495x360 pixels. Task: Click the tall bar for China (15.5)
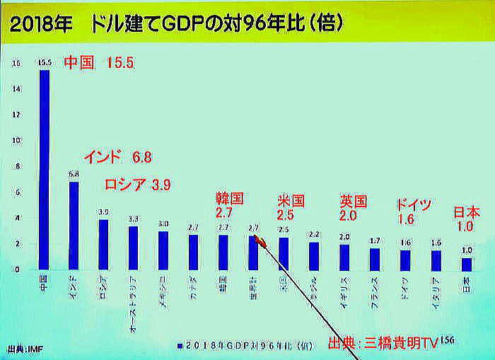tap(45, 170)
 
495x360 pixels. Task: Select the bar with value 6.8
tap(74, 225)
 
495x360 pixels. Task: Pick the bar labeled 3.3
tap(133, 248)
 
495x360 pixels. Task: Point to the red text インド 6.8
tap(117, 156)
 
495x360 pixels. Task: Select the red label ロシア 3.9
tap(138, 185)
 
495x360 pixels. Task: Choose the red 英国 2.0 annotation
tap(353, 207)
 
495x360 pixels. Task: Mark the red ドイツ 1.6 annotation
tap(413, 211)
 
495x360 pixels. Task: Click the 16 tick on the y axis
tap(16, 63)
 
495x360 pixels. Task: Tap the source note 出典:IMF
tap(21, 348)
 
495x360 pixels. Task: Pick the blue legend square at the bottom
tap(180, 345)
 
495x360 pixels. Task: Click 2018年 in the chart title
tap(39, 23)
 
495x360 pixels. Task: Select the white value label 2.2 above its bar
tap(313, 234)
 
